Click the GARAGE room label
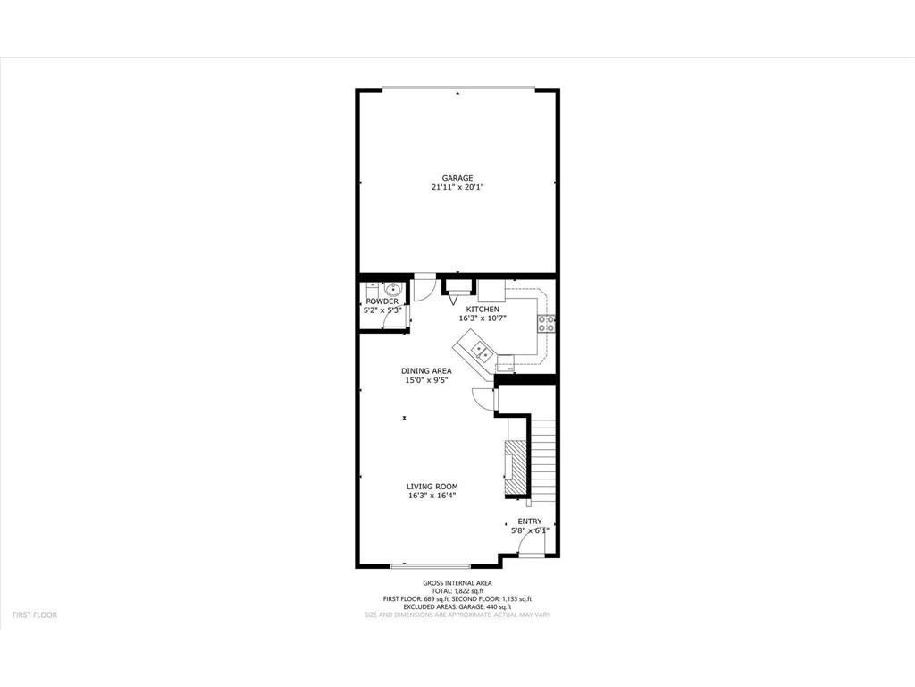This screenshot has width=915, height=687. click(x=457, y=178)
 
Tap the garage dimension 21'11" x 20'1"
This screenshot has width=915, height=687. click(x=457, y=188)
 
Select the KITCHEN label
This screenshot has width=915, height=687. click(x=483, y=309)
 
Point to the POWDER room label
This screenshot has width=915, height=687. click(x=382, y=301)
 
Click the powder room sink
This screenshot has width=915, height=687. click(x=392, y=289)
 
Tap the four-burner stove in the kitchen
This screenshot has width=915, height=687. click(x=546, y=322)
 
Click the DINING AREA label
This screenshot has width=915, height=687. click(x=425, y=370)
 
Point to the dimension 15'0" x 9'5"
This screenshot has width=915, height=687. click(x=425, y=380)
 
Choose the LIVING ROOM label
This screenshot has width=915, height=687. click(x=432, y=487)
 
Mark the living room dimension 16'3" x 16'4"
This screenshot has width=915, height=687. click(x=432, y=496)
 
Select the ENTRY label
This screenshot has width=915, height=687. click(x=530, y=522)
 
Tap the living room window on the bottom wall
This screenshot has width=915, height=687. click(x=431, y=565)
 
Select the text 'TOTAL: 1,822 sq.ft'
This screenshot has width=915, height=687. click(x=457, y=591)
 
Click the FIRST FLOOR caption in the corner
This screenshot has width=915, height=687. click(x=34, y=615)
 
